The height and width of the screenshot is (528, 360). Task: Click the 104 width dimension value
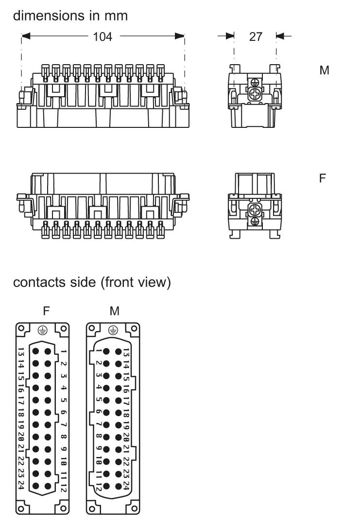tap(103, 36)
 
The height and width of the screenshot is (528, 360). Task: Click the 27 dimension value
tap(256, 36)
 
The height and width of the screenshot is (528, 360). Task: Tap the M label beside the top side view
tap(324, 70)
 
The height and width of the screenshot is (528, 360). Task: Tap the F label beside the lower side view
tap(323, 178)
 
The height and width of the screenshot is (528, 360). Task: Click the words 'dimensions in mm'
tap(70, 16)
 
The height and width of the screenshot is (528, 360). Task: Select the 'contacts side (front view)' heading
tap(92, 282)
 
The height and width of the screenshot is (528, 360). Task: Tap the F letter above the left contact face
tap(46, 311)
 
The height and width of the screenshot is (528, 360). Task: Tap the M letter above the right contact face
tap(114, 311)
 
